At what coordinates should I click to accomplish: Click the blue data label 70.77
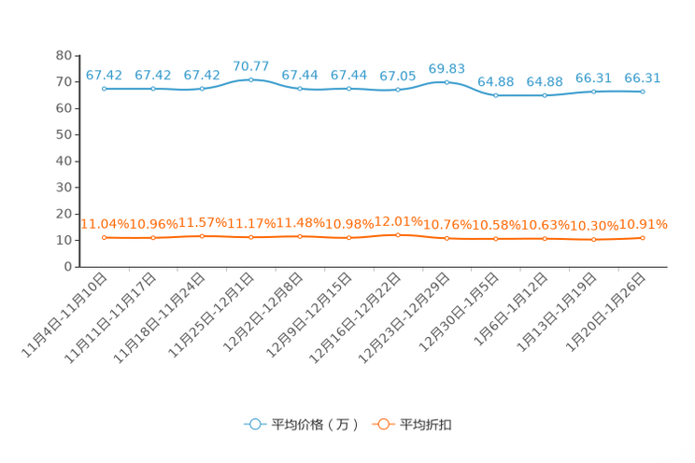(250, 66)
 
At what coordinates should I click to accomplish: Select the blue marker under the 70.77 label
(250, 79)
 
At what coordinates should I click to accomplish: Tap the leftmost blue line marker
(104, 89)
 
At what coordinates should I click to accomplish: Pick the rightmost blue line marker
(643, 91)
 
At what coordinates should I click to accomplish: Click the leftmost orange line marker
(104, 238)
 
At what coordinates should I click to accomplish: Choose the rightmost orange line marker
(643, 238)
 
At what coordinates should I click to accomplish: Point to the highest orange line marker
(398, 235)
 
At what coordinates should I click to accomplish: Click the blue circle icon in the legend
(253, 424)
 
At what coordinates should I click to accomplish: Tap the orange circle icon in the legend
(382, 424)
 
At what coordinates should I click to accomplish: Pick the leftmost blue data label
(104, 75)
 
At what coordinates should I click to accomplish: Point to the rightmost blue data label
(643, 77)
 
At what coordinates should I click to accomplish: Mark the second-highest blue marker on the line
(447, 82)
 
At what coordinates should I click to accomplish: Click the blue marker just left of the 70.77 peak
(202, 88)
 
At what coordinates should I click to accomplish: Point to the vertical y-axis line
(76, 159)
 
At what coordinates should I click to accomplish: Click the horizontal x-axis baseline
(374, 268)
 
